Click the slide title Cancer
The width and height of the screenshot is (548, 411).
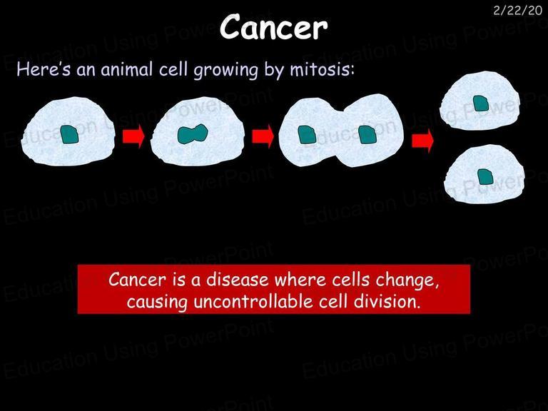274,27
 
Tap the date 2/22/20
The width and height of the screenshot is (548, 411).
517,11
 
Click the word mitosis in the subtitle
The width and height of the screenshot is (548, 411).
322,69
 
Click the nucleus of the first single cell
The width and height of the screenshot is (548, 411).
69,135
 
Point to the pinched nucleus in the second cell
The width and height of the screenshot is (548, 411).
193,134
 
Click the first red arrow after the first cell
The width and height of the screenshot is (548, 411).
133,136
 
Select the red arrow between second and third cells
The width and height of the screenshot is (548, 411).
263,136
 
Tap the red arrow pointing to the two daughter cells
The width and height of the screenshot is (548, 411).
422,141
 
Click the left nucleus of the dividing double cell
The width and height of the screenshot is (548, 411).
307,135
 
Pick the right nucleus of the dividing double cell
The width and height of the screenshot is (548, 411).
367,135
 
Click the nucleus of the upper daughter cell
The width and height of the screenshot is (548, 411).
481,103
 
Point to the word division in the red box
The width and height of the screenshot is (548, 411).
387,301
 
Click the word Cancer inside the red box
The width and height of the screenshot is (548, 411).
137,280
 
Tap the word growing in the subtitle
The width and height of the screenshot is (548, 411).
225,70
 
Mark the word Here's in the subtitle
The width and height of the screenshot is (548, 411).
44,69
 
